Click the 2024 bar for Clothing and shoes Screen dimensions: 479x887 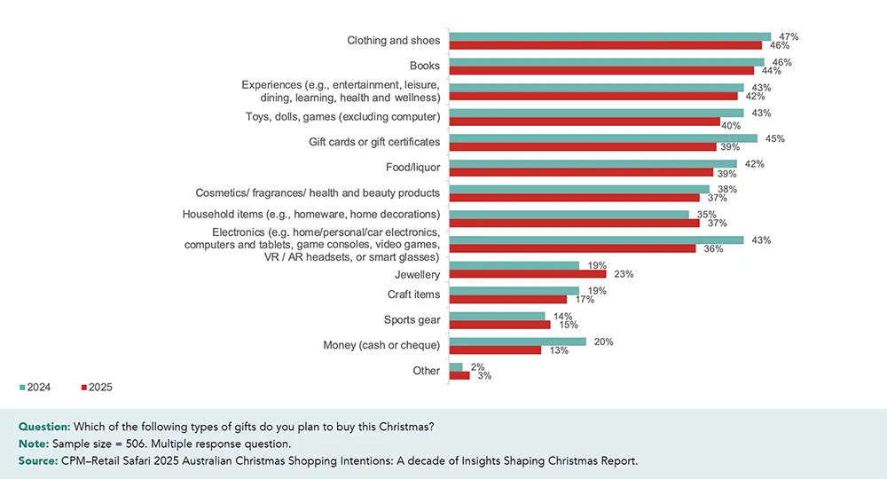tap(610, 36)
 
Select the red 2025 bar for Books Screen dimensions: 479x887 tap(601, 70)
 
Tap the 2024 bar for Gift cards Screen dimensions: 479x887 tap(603, 138)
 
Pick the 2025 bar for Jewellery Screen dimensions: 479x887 tap(528, 274)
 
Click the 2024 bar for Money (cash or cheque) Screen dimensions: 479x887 tap(518, 342)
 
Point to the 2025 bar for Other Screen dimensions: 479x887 tap(459, 375)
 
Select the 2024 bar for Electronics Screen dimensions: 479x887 tap(596, 239)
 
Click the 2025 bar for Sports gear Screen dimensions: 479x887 tap(500, 325)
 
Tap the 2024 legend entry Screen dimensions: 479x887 tap(36, 387)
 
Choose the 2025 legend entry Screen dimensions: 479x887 tap(97, 387)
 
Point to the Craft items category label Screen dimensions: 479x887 tap(413, 294)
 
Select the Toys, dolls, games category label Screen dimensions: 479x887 tap(342, 116)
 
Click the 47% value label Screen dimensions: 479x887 tap(789, 37)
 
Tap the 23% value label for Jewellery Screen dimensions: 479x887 tap(624, 274)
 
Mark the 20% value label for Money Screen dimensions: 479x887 tap(603, 342)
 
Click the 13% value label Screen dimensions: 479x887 tap(559, 350)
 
